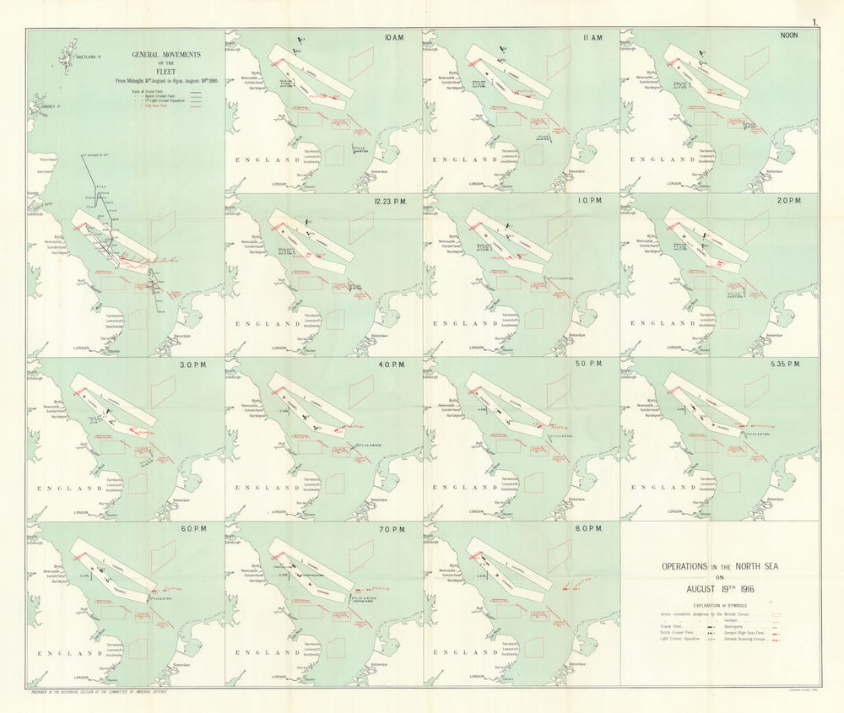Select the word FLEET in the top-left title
166,72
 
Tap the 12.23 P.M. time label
392,203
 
